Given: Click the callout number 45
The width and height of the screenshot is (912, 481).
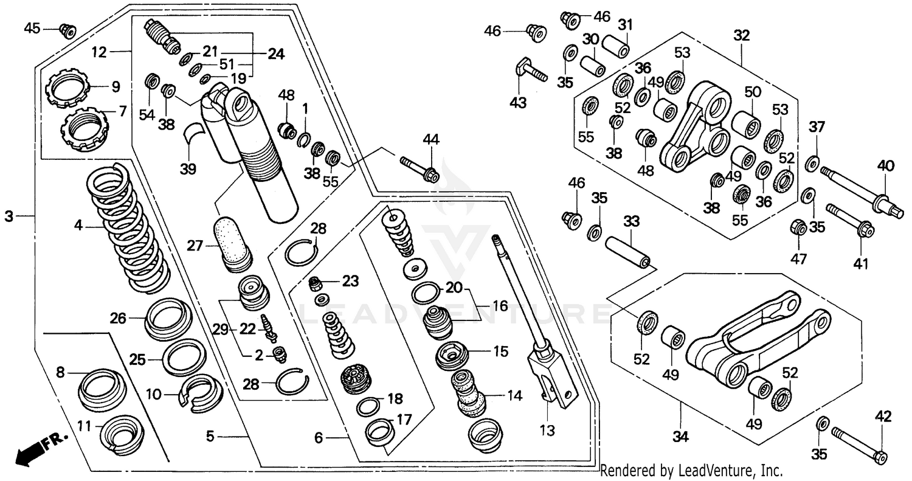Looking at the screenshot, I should [32, 27].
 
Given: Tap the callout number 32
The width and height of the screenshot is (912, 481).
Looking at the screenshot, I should [741, 35].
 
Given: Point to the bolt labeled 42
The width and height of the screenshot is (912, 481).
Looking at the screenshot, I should [857, 445].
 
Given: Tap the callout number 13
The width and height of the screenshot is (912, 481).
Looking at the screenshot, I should [547, 431].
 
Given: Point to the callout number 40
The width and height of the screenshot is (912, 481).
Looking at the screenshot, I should [885, 165].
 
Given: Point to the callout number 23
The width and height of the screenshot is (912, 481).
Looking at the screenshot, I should [350, 281].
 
